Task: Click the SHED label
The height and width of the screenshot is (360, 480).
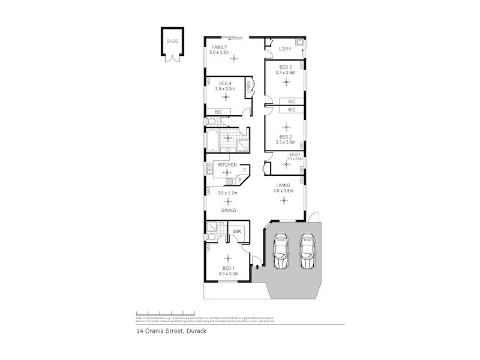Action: coord(172,42)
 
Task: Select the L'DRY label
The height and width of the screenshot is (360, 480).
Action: coord(285,49)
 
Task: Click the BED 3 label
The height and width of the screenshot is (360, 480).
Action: coord(285,67)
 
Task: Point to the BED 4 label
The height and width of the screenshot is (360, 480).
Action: coord(226,83)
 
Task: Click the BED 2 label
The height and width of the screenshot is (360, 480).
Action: coord(285,137)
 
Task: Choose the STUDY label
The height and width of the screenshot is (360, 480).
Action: coord(295,155)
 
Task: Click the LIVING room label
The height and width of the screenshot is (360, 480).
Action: coord(284,185)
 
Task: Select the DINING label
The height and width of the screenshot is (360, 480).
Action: coord(227,211)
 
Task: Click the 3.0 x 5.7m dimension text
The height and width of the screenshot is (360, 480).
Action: coord(227,193)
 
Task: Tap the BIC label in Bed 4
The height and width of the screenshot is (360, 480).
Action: coord(218,112)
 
